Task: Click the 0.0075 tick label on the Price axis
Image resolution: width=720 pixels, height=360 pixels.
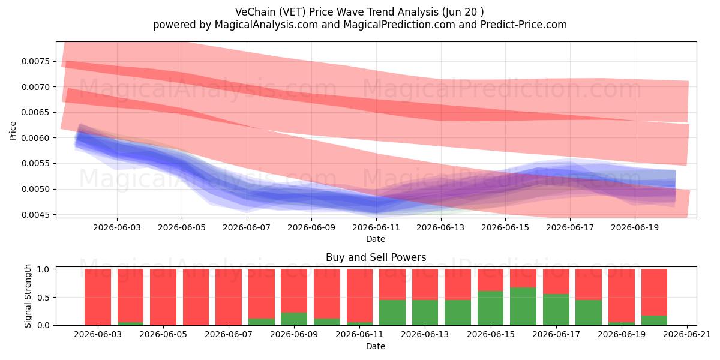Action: [x=36, y=61]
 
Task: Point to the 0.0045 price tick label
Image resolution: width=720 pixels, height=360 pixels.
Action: [x=36, y=215]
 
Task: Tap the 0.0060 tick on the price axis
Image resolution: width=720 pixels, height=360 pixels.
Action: [x=36, y=138]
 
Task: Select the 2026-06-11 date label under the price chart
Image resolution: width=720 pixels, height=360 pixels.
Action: [x=376, y=227]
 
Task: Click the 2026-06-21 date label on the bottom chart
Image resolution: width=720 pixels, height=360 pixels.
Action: [x=687, y=334]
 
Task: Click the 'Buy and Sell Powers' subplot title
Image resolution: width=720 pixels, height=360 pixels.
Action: [x=376, y=257]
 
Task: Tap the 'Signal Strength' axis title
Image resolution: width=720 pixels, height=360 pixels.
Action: [x=28, y=296]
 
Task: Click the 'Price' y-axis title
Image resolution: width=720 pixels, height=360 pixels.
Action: [x=13, y=131]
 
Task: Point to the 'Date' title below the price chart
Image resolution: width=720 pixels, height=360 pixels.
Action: [x=376, y=239]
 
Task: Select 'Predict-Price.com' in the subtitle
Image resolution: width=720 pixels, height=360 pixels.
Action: [x=524, y=25]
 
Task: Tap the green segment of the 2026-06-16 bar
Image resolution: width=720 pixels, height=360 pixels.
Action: [x=523, y=307]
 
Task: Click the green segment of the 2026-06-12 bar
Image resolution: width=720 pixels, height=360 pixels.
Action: [x=392, y=313]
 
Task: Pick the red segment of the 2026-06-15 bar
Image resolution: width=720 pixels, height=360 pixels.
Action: [x=491, y=280]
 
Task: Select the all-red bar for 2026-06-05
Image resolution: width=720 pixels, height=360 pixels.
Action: [x=163, y=297]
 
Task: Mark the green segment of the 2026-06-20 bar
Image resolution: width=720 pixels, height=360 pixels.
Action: [x=654, y=320]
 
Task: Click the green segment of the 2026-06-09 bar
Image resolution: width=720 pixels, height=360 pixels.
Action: [x=294, y=319]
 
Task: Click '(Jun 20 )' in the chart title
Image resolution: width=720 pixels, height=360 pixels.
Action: [x=463, y=12]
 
